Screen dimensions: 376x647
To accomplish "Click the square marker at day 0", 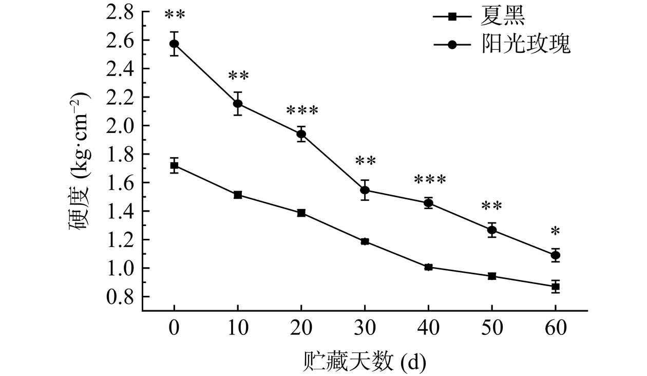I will (x=175, y=165).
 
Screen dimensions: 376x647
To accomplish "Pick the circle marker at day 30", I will (x=365, y=190).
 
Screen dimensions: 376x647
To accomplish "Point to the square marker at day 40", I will (x=428, y=267).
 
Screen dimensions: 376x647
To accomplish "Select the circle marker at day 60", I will (x=555, y=255).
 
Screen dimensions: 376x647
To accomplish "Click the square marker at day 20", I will (x=301, y=213).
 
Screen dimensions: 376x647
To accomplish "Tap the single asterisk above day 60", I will (x=555, y=232).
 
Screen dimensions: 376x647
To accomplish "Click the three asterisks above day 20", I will (x=302, y=110).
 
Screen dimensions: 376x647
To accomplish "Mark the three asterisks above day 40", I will (x=429, y=180).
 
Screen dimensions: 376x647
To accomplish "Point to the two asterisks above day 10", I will (x=238, y=77).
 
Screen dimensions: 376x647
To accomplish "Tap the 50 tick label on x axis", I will (x=491, y=328).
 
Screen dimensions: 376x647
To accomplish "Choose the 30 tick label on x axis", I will (x=365, y=328).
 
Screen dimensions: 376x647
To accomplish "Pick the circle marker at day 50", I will (x=492, y=230).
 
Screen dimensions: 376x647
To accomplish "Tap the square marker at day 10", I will (x=238, y=195).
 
